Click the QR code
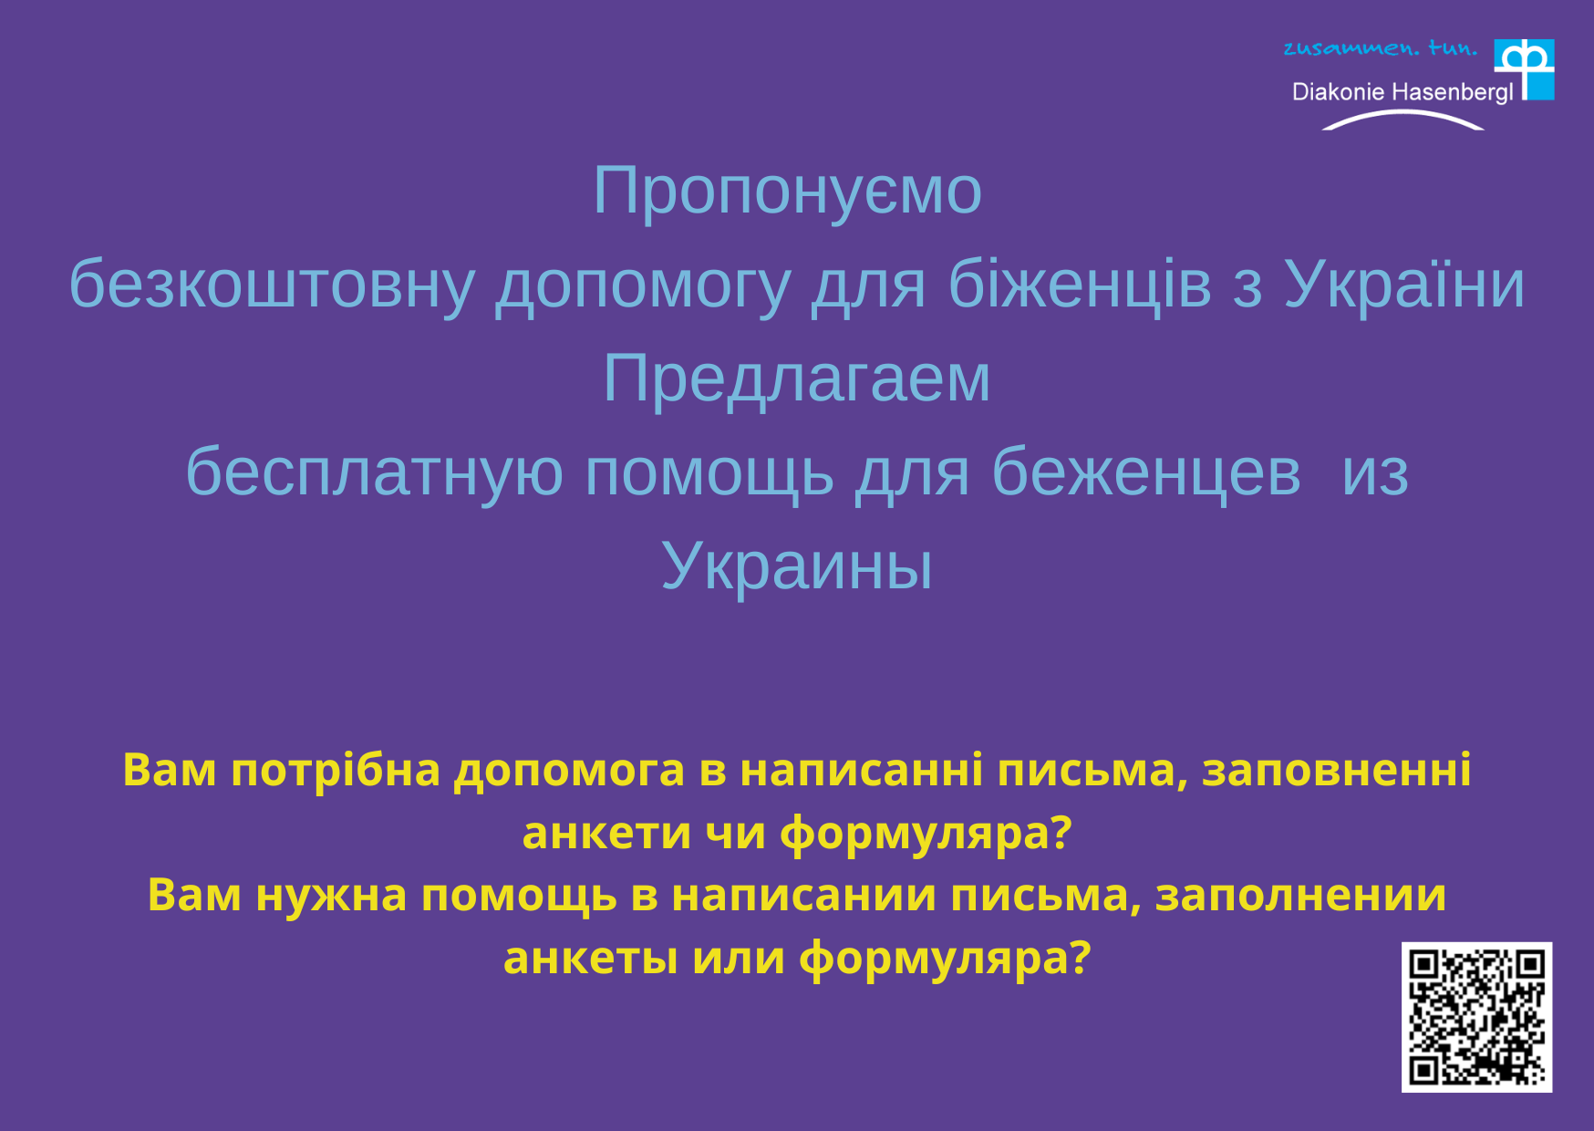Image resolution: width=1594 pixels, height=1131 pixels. (1476, 1017)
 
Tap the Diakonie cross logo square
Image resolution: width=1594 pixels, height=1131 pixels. (1524, 69)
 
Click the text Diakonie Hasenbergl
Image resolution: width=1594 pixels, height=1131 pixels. (1403, 92)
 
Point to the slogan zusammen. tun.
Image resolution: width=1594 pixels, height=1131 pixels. (1380, 47)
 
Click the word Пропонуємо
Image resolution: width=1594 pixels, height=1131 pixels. (787, 192)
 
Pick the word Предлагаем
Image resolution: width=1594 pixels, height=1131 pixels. (796, 379)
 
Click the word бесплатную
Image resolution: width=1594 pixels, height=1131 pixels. (374, 473)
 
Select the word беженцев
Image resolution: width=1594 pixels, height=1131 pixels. (1146, 473)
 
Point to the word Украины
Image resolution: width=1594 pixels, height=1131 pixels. (796, 567)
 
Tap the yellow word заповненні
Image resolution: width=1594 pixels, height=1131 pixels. (1337, 771)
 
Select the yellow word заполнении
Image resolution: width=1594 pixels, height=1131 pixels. (1300, 896)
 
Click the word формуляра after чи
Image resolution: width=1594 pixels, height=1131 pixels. (926, 834)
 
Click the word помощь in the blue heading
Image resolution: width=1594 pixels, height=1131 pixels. (709, 473)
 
